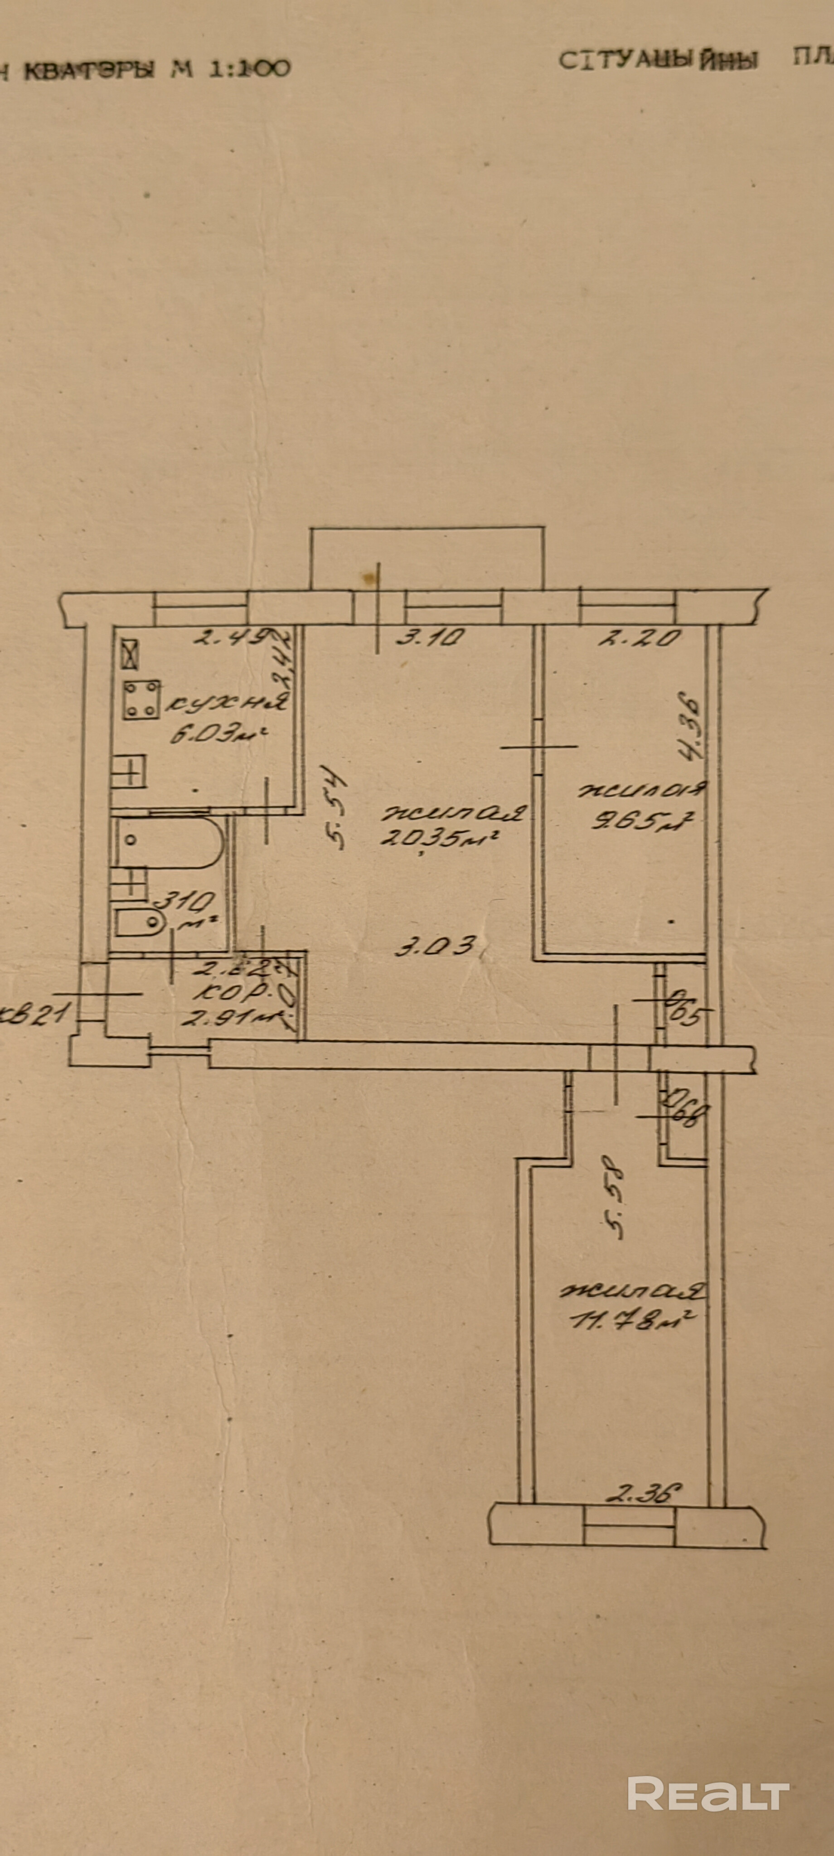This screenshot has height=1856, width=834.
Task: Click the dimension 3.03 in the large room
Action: click(436, 945)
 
